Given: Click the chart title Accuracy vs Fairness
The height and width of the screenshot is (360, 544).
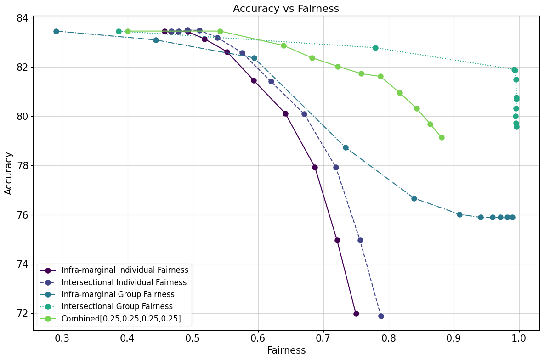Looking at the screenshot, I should pos(286,8).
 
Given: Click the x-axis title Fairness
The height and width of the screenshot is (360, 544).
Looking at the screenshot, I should pos(286,350).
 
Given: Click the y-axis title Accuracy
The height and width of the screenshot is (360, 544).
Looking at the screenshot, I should pos(9,174).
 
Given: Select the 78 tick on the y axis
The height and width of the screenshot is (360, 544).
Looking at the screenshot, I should pos(23,166).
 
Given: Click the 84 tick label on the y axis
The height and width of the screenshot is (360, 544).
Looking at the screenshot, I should pos(23,18).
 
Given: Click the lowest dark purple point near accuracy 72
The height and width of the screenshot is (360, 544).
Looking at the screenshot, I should pos(356,314).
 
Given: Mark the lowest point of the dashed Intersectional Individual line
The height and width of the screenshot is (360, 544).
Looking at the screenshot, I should pos(381,316).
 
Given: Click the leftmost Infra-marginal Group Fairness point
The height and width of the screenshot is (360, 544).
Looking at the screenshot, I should pos(56,31).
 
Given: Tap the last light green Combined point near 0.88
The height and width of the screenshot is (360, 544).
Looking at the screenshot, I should pos(442,137).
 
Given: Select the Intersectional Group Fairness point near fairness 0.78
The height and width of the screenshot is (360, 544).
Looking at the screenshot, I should pos(375,48).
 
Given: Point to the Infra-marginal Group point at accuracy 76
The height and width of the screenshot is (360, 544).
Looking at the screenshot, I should pos(459,214).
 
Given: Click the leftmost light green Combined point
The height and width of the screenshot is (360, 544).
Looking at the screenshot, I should pos(128,31).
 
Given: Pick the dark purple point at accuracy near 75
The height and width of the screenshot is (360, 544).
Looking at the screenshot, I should pos(337,240).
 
